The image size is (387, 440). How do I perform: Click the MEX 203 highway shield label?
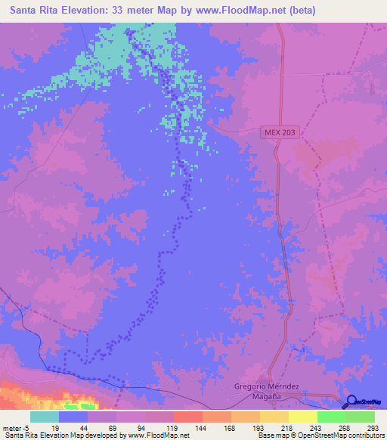pyautogui.click(x=284, y=132)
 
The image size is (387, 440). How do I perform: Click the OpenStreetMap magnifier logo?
pyautogui.click(x=353, y=401)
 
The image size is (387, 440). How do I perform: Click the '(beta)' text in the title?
pyautogui.click(x=300, y=10)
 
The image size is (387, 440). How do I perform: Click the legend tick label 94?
pyautogui.click(x=144, y=428)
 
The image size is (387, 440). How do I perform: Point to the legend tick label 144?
pyautogui.click(x=202, y=428)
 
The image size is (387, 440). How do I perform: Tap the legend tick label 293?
pyautogui.click(x=373, y=428)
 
